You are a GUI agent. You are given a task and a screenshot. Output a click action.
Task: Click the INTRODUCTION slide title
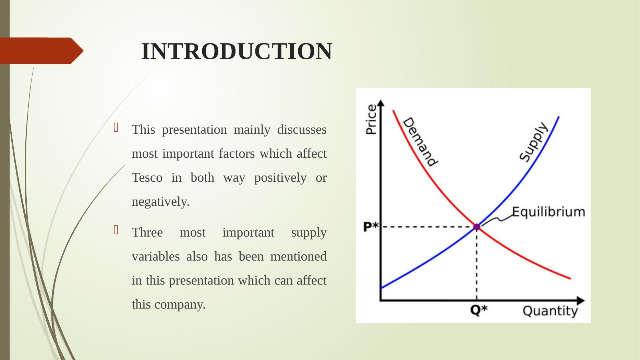coord(237,51)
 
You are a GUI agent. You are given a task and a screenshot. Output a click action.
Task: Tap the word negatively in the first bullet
coord(160,202)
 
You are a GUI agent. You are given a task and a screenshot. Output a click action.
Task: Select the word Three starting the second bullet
coord(147,233)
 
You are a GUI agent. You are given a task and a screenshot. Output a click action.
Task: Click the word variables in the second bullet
coord(156,257)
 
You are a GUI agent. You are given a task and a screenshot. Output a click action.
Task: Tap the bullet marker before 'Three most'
coord(116,229)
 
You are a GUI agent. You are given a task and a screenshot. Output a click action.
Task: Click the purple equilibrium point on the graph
coord(477,227)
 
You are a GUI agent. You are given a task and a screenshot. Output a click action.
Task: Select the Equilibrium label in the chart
coord(548,212)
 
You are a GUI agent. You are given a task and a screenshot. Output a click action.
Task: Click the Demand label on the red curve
coord(420,142)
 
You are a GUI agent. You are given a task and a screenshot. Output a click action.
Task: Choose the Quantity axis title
coord(550,311)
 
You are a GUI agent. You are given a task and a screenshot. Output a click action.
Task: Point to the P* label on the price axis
coord(371,227)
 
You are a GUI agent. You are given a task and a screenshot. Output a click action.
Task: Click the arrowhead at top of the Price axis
coord(381,103)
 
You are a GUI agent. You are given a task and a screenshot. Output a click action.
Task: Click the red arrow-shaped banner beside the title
coord(41,51)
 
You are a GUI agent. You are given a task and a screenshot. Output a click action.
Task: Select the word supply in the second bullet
coord(309,233)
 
